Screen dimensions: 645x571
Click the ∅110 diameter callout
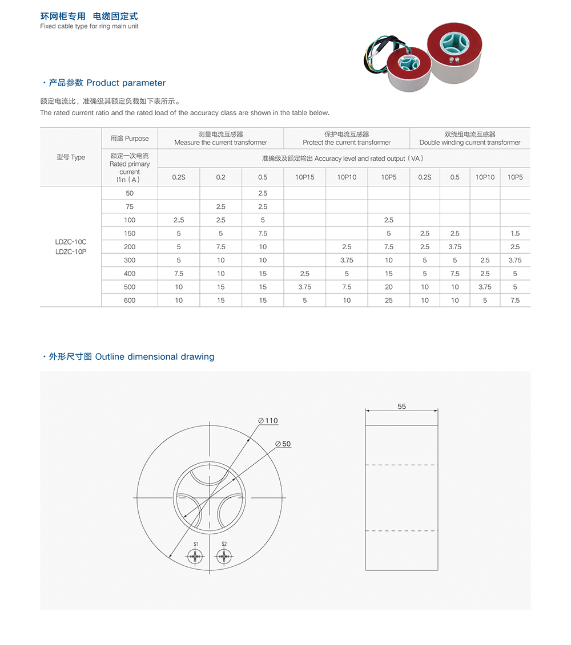point(268,421)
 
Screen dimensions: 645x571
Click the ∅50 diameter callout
point(283,444)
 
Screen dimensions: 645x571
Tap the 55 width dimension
point(402,407)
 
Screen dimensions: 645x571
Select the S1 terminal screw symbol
point(195,556)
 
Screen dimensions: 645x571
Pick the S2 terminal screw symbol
point(224,556)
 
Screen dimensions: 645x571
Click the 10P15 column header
point(304,177)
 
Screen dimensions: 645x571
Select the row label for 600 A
point(130,301)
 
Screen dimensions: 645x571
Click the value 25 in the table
point(389,301)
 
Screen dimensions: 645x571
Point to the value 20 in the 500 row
point(389,287)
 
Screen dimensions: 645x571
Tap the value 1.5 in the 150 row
point(515,233)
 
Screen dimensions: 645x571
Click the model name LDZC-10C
point(71,242)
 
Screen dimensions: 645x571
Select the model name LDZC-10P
point(71,251)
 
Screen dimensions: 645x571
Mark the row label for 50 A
point(130,193)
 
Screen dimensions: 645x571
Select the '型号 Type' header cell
point(71,157)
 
